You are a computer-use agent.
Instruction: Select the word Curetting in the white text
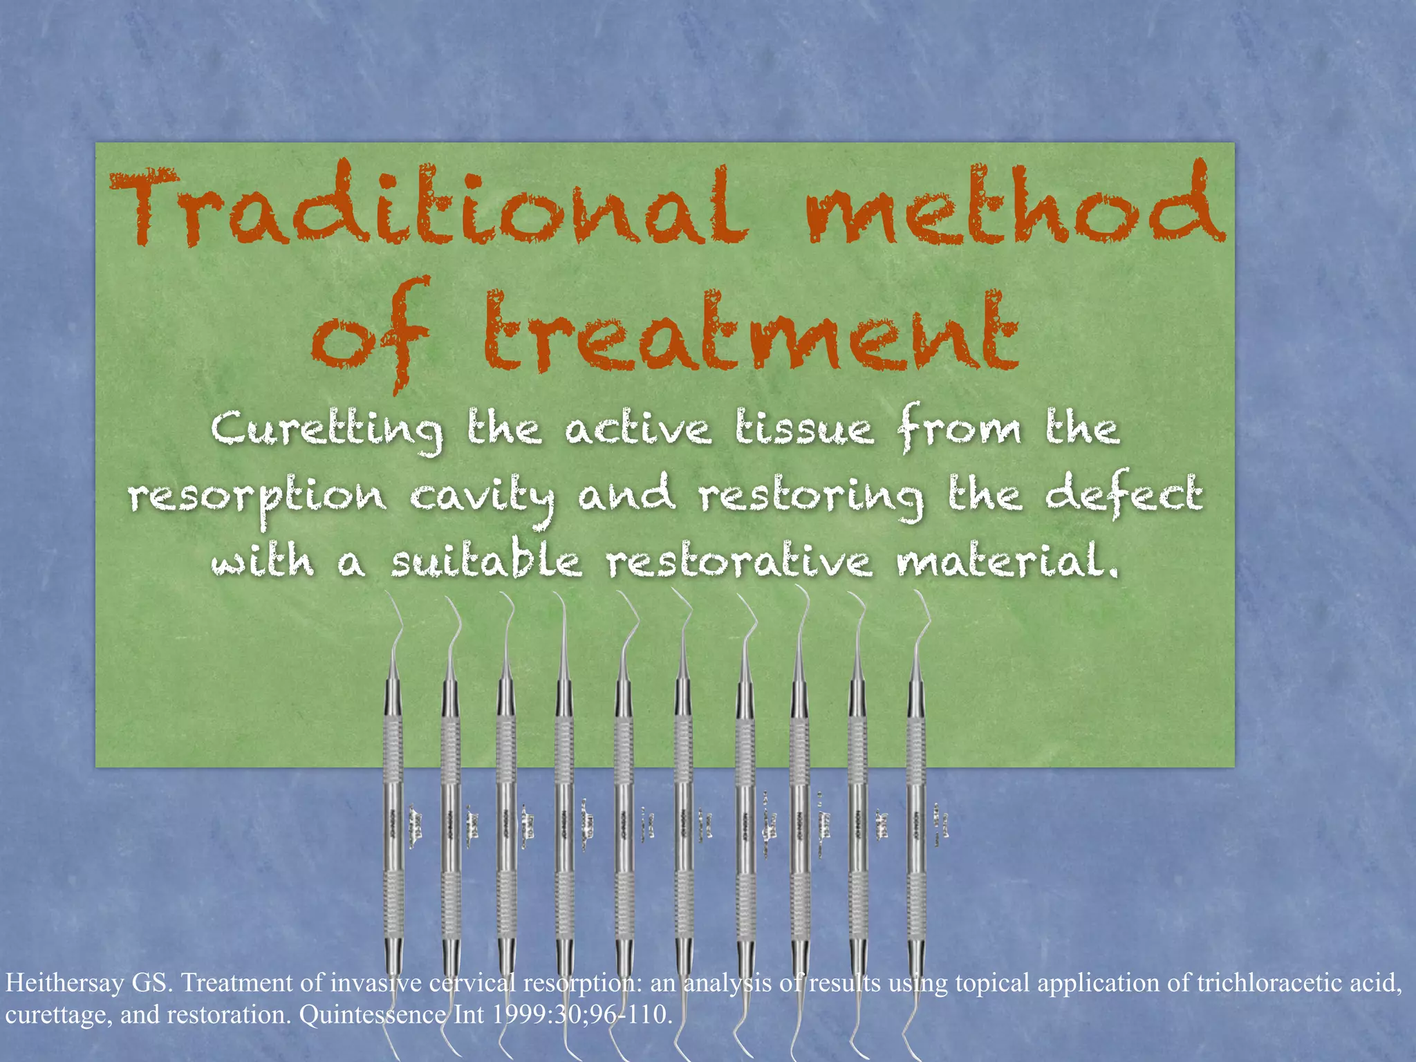326,430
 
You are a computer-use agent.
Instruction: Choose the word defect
1124,495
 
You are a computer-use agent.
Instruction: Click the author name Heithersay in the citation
65,983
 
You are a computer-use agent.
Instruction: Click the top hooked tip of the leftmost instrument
387,595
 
